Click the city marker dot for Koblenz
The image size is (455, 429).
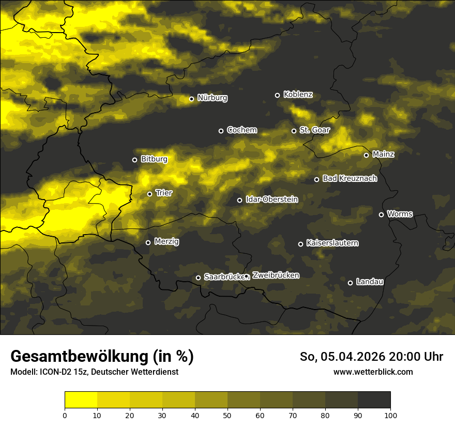277,95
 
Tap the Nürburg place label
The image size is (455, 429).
212,98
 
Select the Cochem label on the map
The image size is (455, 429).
241,130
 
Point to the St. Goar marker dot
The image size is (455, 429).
294,131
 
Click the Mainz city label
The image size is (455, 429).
383,154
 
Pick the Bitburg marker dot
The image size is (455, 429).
134,160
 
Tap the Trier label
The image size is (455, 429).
164,193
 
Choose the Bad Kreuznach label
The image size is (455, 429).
350,178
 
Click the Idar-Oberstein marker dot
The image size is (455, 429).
239,200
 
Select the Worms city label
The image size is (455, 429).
400,213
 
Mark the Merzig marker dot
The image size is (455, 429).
148,242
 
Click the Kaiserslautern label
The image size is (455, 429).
332,243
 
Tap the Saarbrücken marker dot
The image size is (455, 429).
198,278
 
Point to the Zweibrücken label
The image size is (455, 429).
276,275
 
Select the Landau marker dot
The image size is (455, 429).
350,283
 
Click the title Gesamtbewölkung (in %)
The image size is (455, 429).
102,357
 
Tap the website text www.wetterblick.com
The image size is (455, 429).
373,372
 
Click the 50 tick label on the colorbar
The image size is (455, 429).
228,415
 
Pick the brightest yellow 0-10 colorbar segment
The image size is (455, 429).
81,400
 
